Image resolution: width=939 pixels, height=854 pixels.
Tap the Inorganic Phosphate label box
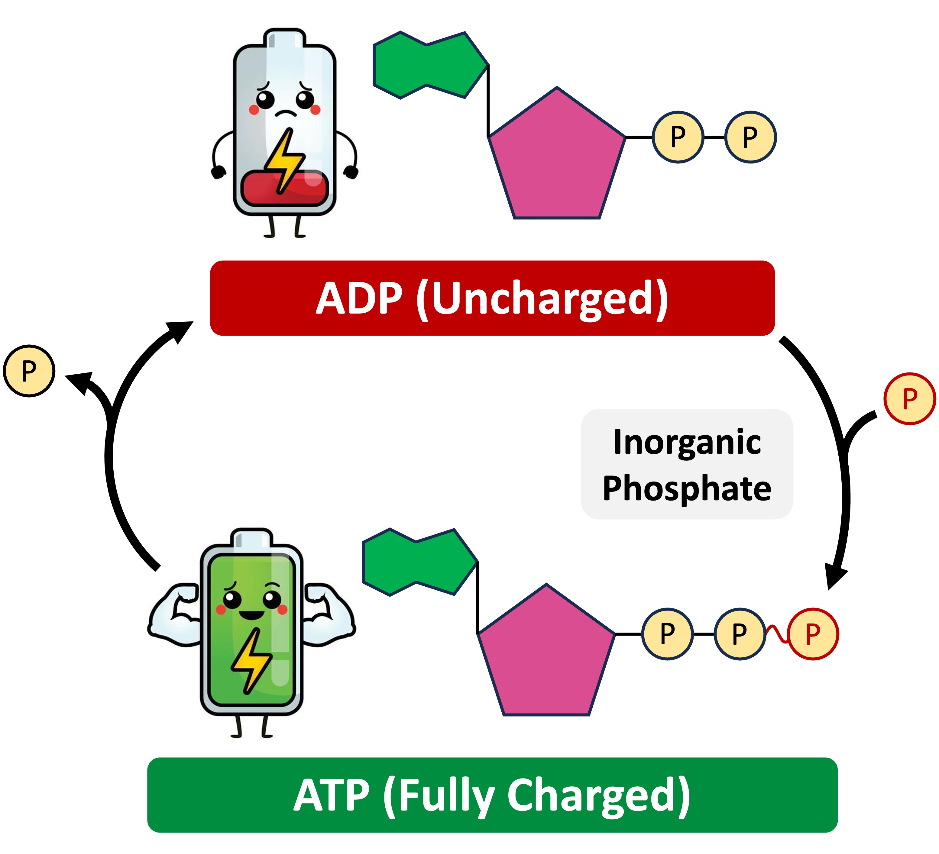coord(687,464)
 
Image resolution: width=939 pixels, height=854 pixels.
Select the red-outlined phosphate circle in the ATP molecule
coord(812,634)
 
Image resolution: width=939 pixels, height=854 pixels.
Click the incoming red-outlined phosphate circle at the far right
coord(910,398)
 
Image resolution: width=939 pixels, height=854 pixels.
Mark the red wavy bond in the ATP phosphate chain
coord(776,634)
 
